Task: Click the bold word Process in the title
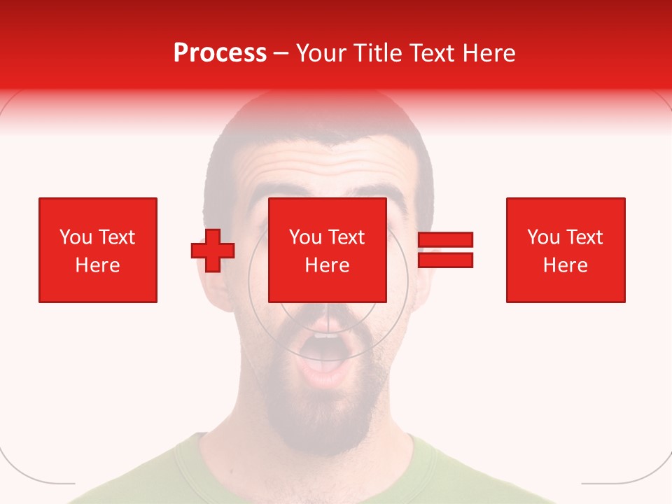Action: pos(220,53)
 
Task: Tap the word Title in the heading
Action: pos(376,53)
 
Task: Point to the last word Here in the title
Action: pos(490,53)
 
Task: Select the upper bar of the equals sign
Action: pos(445,240)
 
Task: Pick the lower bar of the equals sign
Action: pos(445,260)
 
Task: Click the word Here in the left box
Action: pos(97,265)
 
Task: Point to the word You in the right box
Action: pos(543,237)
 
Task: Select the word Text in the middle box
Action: pos(347,237)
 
